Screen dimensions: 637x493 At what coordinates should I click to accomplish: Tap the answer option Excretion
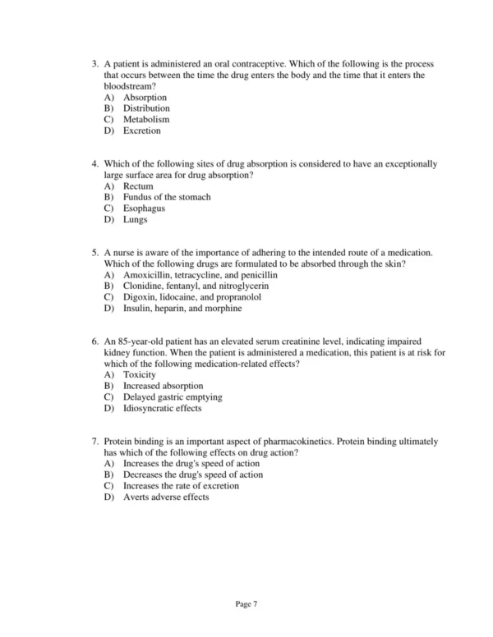tap(142, 131)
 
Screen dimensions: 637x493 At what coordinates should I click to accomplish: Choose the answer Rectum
tap(138, 186)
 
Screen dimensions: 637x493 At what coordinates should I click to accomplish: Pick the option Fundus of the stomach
tap(167, 198)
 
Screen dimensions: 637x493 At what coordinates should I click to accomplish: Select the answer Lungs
tap(136, 220)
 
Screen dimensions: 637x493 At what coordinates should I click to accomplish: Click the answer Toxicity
tap(141, 375)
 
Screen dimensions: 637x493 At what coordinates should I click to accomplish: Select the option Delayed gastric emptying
tap(173, 397)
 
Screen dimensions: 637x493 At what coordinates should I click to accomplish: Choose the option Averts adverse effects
tap(166, 497)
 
